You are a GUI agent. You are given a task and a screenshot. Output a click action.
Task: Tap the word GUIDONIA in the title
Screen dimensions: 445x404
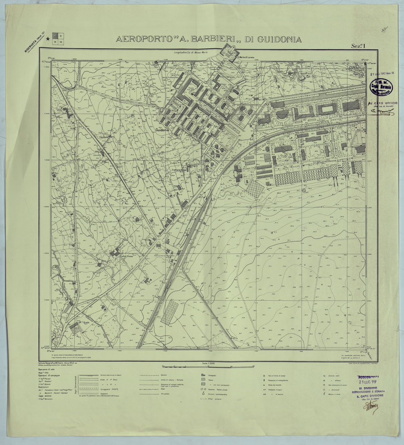click(278, 39)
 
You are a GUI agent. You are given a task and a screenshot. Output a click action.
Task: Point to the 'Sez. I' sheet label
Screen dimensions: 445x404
click(358, 46)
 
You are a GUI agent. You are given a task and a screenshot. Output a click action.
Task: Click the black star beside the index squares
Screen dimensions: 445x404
click(48, 44)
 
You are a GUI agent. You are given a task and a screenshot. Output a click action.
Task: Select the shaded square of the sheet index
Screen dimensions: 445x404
click(55, 36)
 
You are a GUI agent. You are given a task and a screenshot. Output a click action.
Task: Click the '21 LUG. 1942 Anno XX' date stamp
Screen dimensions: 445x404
click(385, 73)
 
